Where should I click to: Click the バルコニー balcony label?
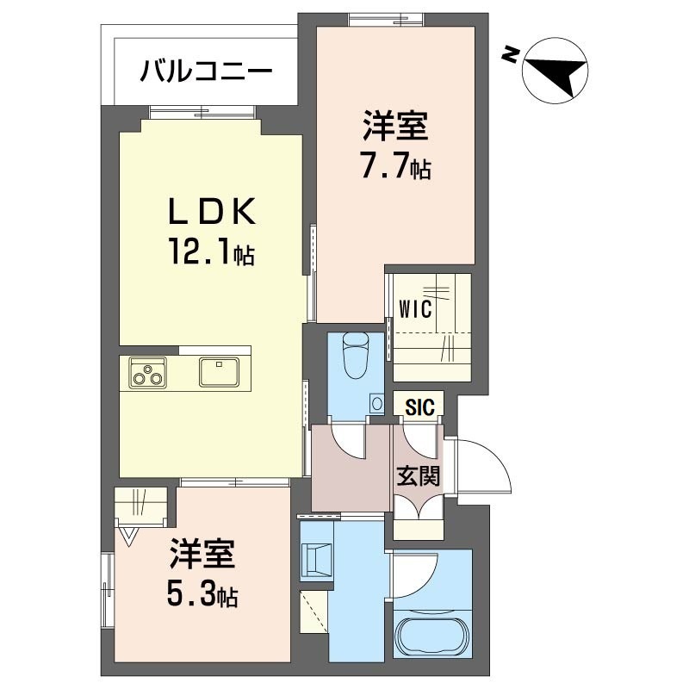tap(207, 69)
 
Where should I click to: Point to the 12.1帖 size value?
tap(211, 254)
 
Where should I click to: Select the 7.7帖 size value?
tap(395, 167)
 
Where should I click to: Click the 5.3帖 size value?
tap(203, 594)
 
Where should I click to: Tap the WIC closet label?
tap(415, 310)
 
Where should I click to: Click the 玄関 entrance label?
tap(419, 475)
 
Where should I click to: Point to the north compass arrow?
tap(556, 69)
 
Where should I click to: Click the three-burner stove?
tap(147, 373)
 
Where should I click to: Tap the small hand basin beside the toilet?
tap(376, 401)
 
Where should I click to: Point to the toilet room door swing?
tap(349, 439)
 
